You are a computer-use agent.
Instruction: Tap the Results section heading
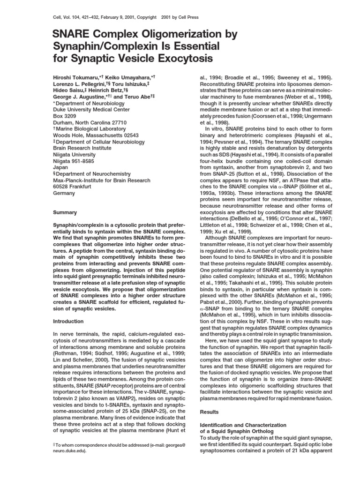[x=210, y=412]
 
